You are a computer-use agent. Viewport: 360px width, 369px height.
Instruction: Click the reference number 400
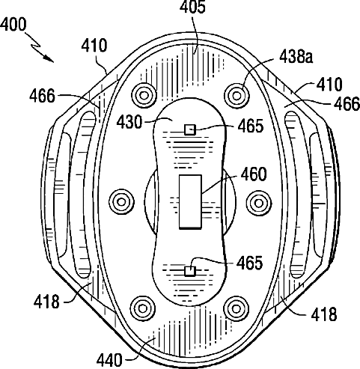pos(13,25)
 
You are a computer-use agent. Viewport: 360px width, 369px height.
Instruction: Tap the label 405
pos(192,7)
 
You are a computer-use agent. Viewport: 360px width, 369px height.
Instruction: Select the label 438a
pos(296,57)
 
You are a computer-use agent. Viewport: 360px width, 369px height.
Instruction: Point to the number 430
pos(129,122)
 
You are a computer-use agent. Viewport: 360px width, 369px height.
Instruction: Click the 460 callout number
pos(254,174)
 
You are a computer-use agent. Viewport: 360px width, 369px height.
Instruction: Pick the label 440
pos(109,360)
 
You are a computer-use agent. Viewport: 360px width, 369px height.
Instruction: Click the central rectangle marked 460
pos(190,201)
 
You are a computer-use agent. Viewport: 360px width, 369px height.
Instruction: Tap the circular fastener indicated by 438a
pos(237,95)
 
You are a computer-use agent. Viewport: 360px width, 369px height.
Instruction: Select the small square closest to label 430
pos(190,129)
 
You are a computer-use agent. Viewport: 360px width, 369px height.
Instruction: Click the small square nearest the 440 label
pos(190,271)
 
